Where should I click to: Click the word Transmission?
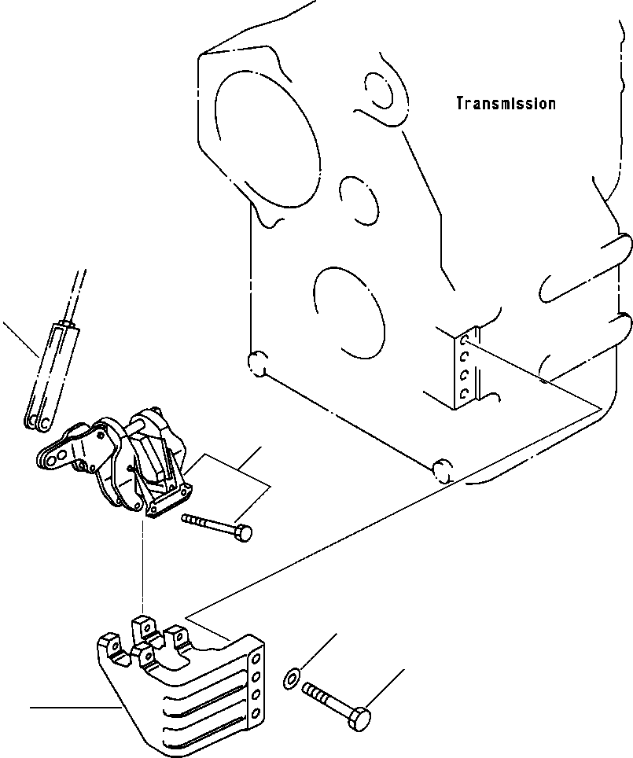tap(506, 103)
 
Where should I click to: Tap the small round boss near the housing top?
tap(379, 93)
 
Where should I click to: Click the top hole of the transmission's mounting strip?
tap(466, 340)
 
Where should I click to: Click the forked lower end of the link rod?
tap(38, 421)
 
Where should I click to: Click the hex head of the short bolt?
tap(245, 534)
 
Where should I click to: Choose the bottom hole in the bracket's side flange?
tap(256, 712)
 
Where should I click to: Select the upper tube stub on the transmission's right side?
tap(582, 267)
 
